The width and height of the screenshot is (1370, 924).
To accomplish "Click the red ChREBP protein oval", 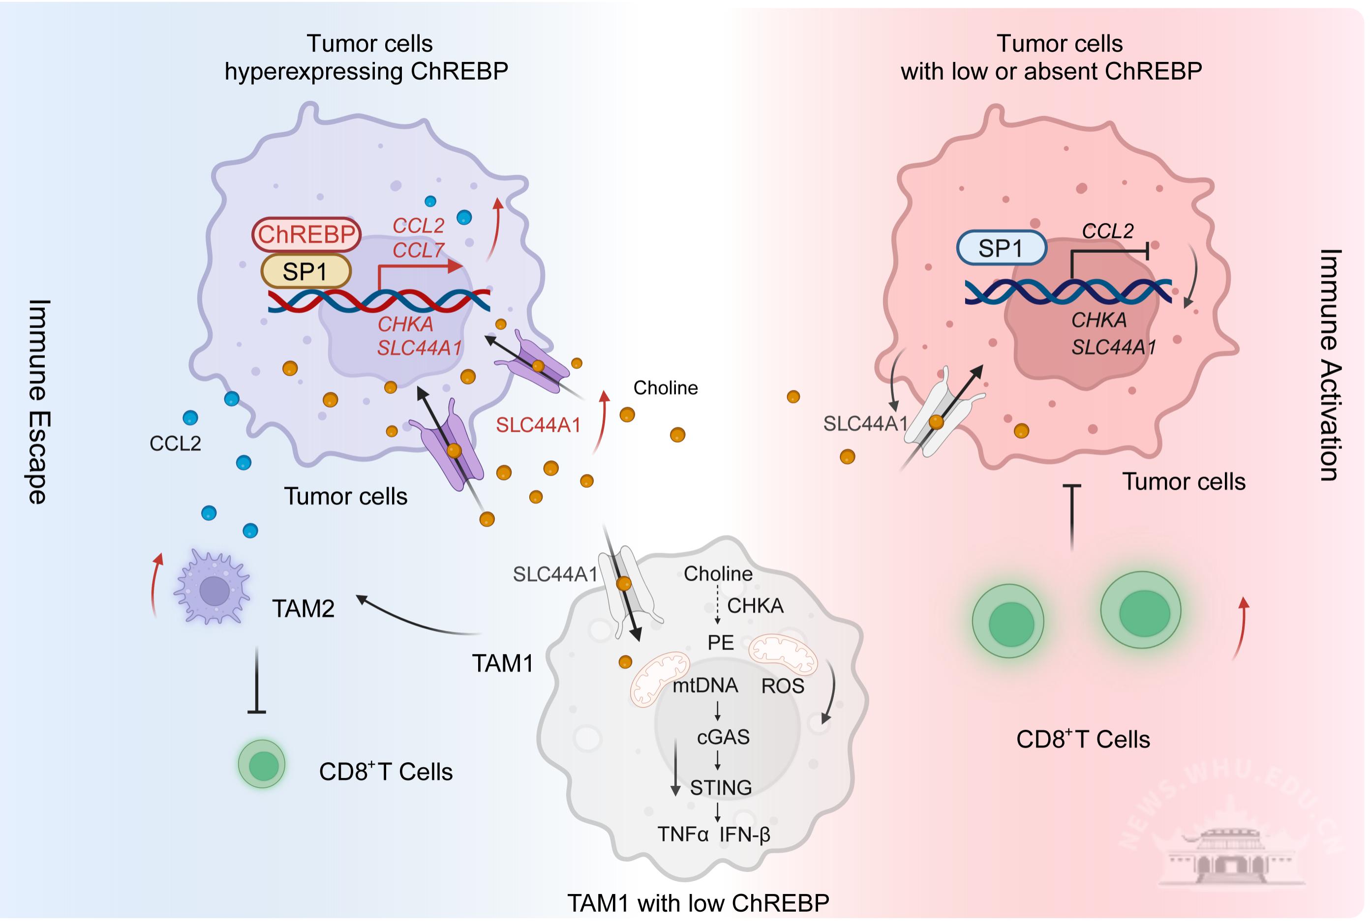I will (x=306, y=234).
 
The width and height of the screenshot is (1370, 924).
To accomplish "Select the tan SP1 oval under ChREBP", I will (x=305, y=271).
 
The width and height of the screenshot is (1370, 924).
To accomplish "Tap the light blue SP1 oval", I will (x=1001, y=248).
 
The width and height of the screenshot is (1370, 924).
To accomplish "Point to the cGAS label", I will (x=723, y=737).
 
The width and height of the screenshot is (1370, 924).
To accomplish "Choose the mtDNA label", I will (x=705, y=686).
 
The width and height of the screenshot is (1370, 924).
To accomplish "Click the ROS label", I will (x=782, y=686).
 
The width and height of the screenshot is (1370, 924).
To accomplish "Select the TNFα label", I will (x=683, y=835).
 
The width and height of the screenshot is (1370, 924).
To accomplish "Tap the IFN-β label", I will (x=745, y=835).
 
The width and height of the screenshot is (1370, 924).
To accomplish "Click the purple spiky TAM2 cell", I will (x=213, y=588).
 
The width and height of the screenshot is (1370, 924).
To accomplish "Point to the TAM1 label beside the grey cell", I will (x=503, y=663).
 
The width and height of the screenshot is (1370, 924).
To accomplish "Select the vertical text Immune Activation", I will (x=1330, y=365).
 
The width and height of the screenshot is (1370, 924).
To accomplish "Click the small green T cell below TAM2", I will (x=262, y=764).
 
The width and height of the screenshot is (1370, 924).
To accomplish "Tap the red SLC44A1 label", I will (x=538, y=425).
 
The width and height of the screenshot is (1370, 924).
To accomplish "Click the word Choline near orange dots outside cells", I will (x=666, y=388).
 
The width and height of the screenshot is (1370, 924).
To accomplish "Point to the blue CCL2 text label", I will (x=175, y=443).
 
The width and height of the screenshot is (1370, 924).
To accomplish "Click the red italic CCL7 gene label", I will (x=418, y=250).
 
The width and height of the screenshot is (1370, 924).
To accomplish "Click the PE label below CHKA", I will (x=720, y=642).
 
